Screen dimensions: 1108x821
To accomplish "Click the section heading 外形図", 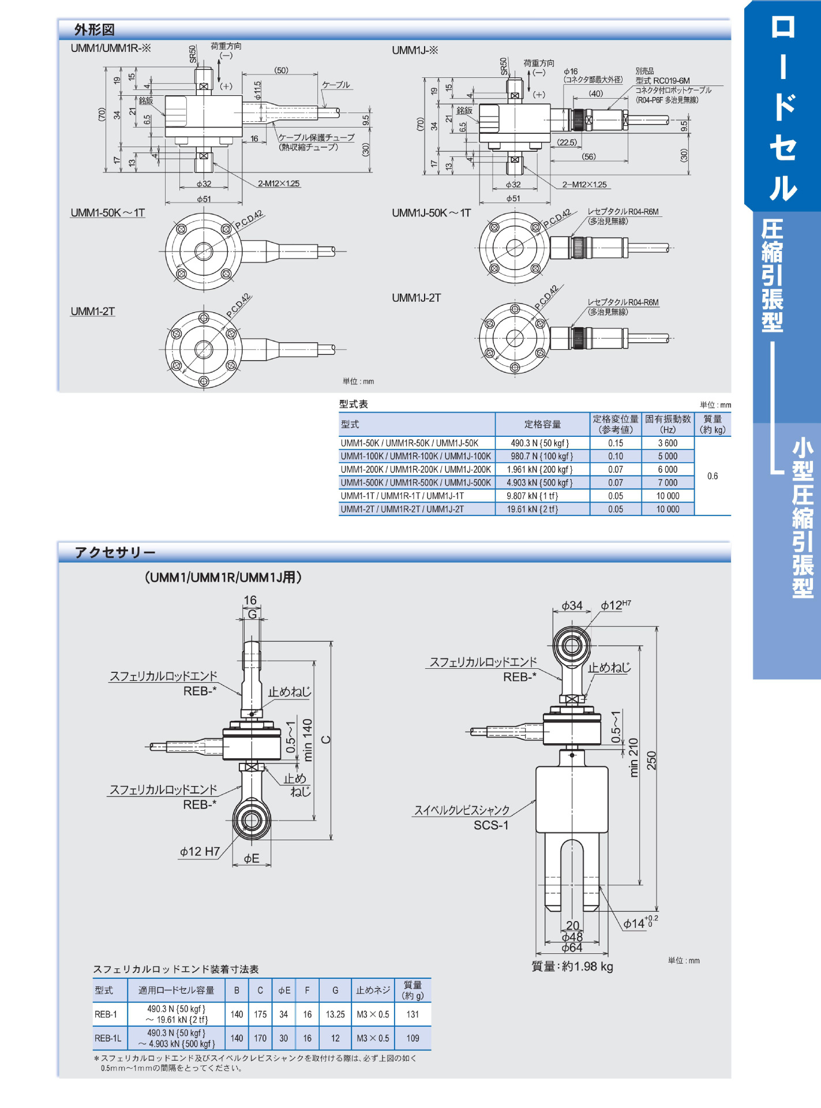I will pyautogui.click(x=94, y=29).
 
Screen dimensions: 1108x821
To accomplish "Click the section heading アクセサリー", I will pyautogui.click(x=115, y=552).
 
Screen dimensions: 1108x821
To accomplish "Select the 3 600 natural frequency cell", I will pyautogui.click(x=668, y=443).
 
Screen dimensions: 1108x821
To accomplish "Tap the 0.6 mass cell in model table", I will pyautogui.click(x=713, y=476).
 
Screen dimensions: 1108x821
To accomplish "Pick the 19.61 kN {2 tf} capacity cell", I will pyautogui.click(x=532, y=509).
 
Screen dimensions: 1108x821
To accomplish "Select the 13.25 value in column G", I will pyautogui.click(x=335, y=1014).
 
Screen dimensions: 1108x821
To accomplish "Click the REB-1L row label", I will pyautogui.click(x=107, y=1038).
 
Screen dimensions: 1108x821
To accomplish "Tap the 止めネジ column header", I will pyautogui.click(x=373, y=990).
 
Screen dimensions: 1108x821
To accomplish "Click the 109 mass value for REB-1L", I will pyautogui.click(x=413, y=1038).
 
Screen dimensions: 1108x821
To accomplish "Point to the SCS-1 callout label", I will pyautogui.click(x=491, y=825).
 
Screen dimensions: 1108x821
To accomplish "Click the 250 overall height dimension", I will pyautogui.click(x=651, y=761).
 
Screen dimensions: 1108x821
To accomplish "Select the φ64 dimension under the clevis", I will pyautogui.click(x=572, y=948).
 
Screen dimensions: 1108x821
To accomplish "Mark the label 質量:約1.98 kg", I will pyautogui.click(x=572, y=966).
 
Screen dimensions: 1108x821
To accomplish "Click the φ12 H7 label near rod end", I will pyautogui.click(x=200, y=851).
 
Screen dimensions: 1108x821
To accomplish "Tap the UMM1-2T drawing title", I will pyautogui.click(x=93, y=312).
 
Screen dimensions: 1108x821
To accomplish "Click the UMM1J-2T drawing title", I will pyautogui.click(x=416, y=298).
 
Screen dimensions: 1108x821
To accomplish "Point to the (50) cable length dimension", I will pyautogui.click(x=281, y=70).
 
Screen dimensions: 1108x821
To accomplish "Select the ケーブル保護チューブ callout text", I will pyautogui.click(x=316, y=137).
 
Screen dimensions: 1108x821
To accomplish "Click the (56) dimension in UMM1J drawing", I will pyautogui.click(x=588, y=156).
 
